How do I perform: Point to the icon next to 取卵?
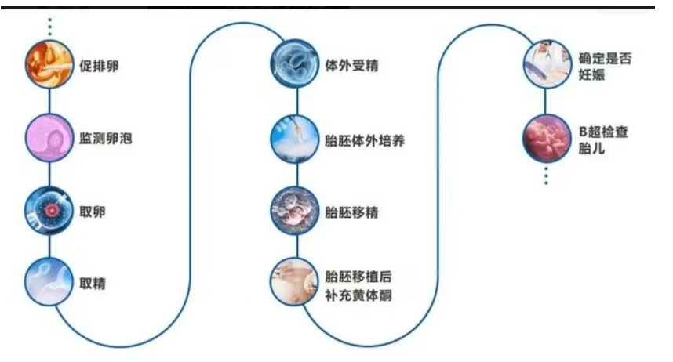(x=49, y=212)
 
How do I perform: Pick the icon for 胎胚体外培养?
(x=295, y=139)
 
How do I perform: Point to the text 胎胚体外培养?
(x=365, y=140)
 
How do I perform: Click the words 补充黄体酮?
(x=358, y=295)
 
